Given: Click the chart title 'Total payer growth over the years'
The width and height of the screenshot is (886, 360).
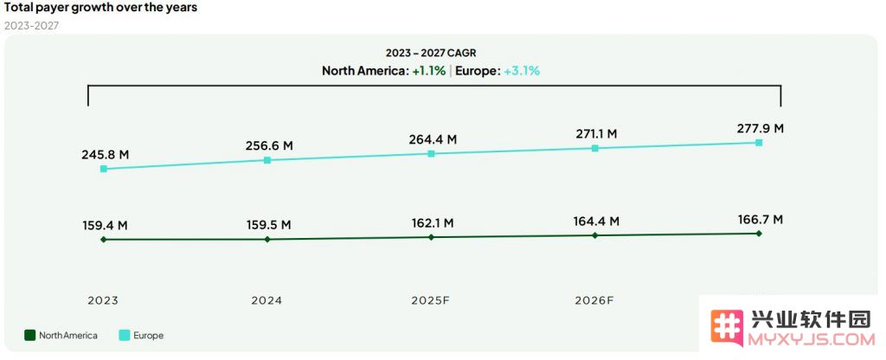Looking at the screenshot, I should click(100, 8).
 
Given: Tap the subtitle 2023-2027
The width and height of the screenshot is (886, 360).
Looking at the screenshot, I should click(32, 25).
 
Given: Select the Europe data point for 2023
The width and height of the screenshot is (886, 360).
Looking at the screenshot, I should click(104, 169).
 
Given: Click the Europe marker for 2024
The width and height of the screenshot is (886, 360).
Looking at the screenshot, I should click(267, 160).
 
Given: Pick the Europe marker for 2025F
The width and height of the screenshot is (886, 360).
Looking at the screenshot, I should click(431, 154).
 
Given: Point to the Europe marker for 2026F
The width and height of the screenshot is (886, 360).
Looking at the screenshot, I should click(595, 148).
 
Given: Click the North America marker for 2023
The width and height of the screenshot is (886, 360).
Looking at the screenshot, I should click(104, 240).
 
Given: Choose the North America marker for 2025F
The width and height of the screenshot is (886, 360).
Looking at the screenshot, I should click(431, 237).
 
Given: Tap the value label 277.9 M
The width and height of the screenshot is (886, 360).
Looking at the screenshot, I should click(760, 128).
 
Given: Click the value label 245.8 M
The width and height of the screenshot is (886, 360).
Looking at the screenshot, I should click(106, 155).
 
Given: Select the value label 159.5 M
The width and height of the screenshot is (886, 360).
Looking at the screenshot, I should click(267, 225).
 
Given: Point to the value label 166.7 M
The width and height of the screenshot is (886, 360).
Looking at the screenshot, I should click(760, 220).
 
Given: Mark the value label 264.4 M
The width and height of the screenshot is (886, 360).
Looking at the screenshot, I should click(433, 139).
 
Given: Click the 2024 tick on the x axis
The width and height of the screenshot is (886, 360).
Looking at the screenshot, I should click(266, 301).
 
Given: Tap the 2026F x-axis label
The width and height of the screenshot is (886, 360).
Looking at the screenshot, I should click(594, 301).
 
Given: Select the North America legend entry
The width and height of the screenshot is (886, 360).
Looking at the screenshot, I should click(61, 336).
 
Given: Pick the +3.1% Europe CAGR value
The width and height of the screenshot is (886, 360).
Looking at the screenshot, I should click(522, 71).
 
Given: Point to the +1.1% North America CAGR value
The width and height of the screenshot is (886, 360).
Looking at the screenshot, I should click(428, 71).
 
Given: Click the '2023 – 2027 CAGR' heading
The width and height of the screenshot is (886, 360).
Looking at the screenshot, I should click(431, 53).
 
